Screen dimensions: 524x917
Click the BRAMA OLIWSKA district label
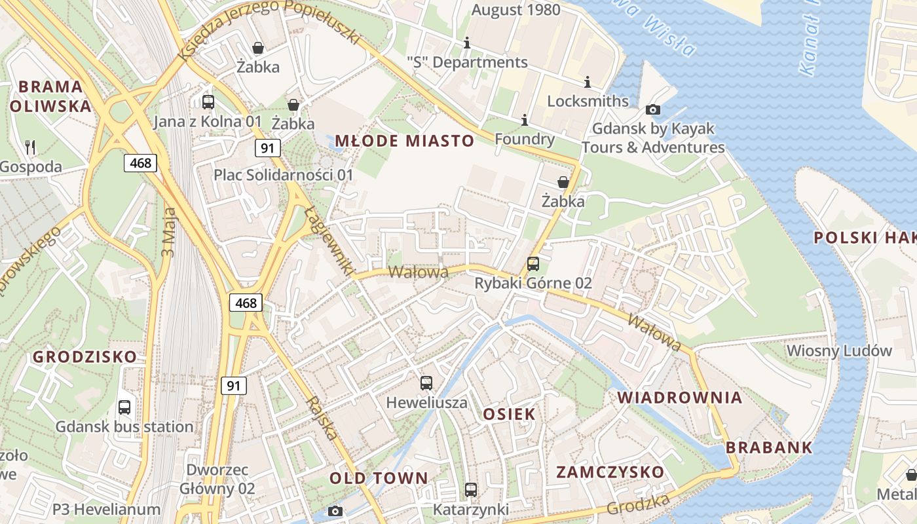click(50, 96)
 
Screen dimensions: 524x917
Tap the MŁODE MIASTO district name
click(404, 141)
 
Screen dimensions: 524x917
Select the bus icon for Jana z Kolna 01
click(208, 102)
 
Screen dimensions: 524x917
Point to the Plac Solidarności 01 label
click(283, 175)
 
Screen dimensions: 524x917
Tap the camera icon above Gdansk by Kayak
click(652, 109)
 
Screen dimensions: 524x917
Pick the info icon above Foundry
click(524, 120)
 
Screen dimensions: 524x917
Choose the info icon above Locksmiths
click(587, 82)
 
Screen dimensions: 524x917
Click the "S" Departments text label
click(466, 62)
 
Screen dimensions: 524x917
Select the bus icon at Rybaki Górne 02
click(533, 264)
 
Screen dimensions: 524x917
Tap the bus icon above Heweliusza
click(426, 383)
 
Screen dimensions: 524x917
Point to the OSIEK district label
click(509, 414)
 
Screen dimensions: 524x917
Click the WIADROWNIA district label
click(680, 398)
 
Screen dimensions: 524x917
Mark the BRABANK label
click(769, 448)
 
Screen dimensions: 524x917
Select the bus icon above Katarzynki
click(470, 490)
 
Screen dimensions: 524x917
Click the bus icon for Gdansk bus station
click(124, 407)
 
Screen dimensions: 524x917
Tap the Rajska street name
click(323, 418)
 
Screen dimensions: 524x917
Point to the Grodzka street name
click(638, 504)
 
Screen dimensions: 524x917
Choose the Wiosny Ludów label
click(839, 350)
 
